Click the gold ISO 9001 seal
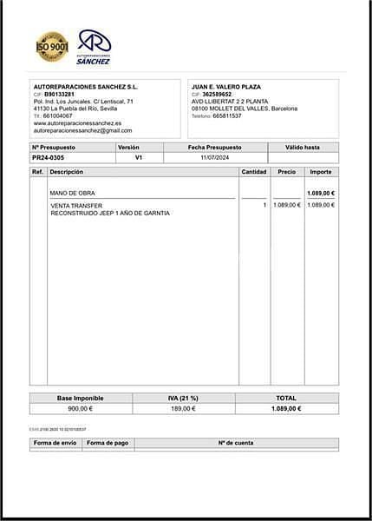pyautogui.click(x=51, y=47)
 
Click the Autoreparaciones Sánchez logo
pyautogui.click(x=94, y=47)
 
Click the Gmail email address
pyautogui.click(x=82, y=130)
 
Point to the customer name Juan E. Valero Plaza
pyautogui.click(x=226, y=87)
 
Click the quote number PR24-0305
pyautogui.click(x=48, y=158)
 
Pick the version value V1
pyautogui.click(x=139, y=158)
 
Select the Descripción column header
pyautogui.click(x=67, y=172)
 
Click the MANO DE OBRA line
pyautogui.click(x=73, y=193)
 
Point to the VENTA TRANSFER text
pyautogui.click(x=75, y=205)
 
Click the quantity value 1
pyautogui.click(x=264, y=205)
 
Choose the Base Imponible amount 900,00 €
pyautogui.click(x=81, y=408)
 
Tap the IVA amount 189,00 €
pyautogui.click(x=183, y=408)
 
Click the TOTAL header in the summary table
pyautogui.click(x=285, y=398)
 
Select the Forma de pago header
pyautogui.click(x=108, y=443)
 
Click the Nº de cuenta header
pyautogui.click(x=236, y=443)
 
